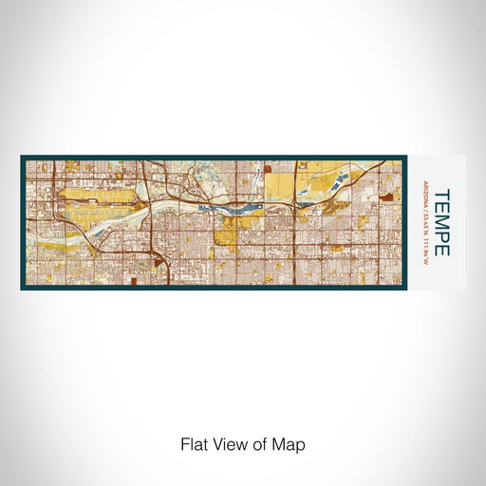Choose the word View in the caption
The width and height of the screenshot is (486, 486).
pyautogui.click(x=226, y=443)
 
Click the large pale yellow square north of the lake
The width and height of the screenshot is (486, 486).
pyautogui.click(x=279, y=184)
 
